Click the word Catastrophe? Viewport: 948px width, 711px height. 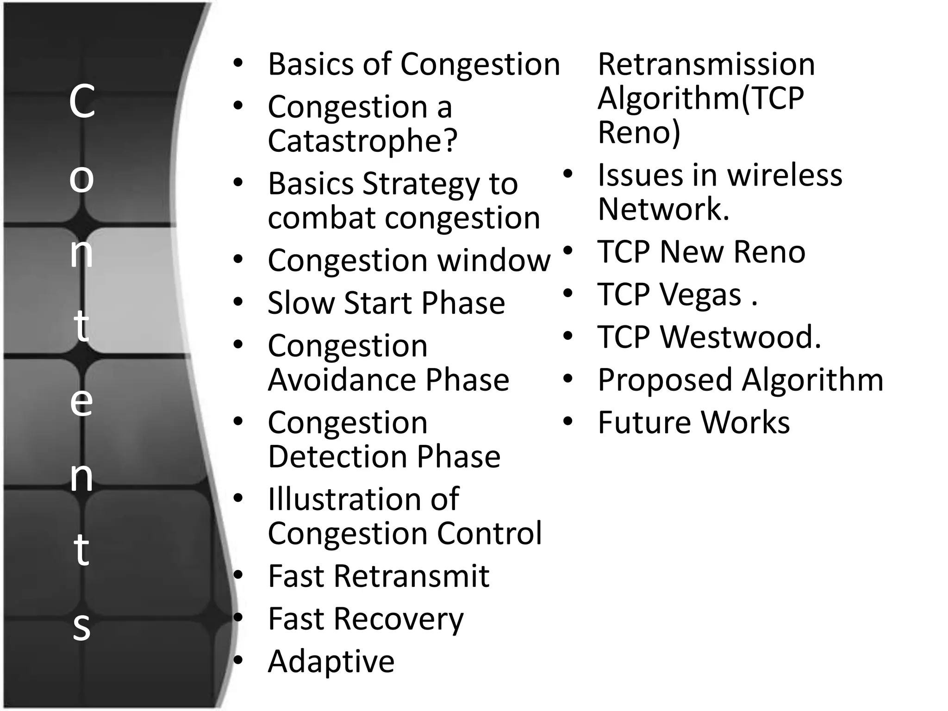tap(362, 141)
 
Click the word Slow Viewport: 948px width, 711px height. tap(301, 303)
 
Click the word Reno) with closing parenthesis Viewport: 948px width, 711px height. tap(639, 132)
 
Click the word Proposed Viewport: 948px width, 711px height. tap(665, 380)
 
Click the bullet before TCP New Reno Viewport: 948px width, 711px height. tap(568, 251)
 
